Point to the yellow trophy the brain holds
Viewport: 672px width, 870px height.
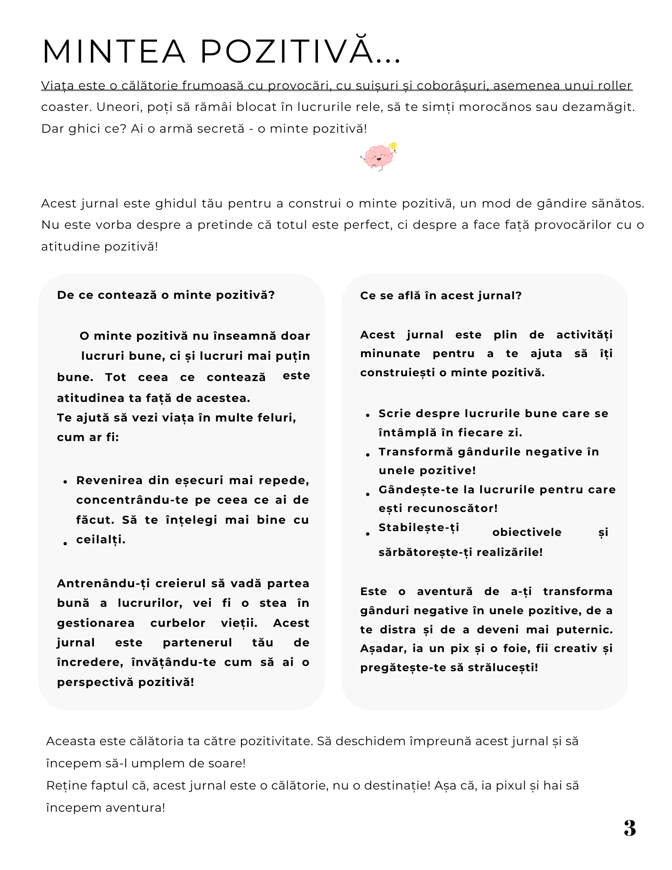[393, 146]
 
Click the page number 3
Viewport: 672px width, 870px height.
[629, 828]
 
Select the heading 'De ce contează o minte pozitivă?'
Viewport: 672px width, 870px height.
[166, 295]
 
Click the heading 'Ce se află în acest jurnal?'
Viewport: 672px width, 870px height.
[441, 296]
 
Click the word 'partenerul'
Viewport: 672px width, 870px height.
[197, 643]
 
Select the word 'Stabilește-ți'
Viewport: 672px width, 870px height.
[419, 528]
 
